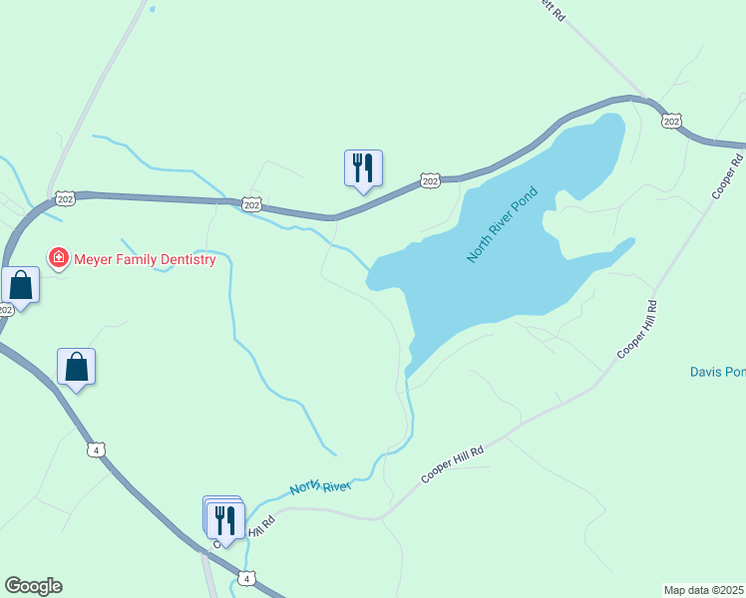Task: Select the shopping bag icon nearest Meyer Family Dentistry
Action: (21, 285)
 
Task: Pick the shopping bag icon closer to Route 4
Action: (77, 367)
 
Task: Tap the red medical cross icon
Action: (59, 259)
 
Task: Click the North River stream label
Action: (320, 486)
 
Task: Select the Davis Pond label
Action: (717, 372)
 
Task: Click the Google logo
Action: (33, 586)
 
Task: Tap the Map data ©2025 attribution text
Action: (704, 589)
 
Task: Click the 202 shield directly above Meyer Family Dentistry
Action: (65, 197)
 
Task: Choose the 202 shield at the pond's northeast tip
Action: (671, 121)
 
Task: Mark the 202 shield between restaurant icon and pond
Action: (430, 180)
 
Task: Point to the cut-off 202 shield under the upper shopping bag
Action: (5, 309)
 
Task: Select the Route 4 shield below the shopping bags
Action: (96, 449)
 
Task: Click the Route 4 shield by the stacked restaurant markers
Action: (246, 578)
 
